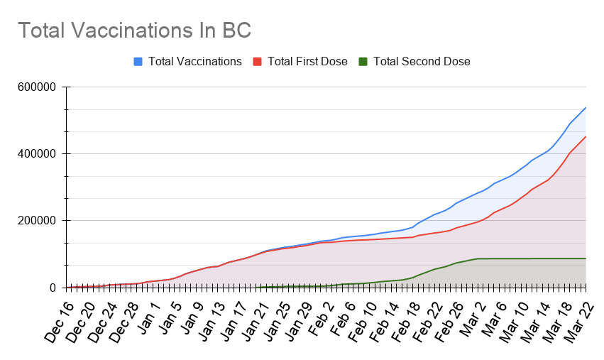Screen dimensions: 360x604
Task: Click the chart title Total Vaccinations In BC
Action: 134,31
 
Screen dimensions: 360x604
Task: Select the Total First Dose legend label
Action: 307,61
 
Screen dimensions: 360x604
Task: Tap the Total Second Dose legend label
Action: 422,61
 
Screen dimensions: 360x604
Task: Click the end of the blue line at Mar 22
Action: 586,108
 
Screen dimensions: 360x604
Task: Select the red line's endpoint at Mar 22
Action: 586,137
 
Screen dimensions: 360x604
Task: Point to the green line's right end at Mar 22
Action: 586,258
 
